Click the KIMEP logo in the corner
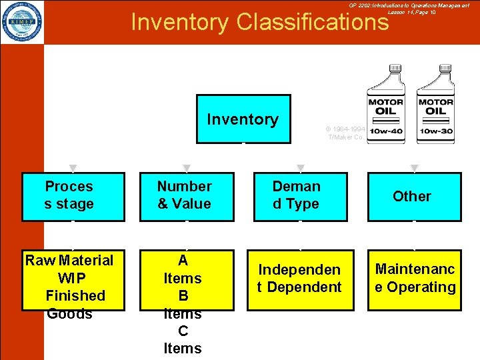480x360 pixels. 22,22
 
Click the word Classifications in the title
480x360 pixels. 312,23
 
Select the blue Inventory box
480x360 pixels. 243,119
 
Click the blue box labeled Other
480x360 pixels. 414,197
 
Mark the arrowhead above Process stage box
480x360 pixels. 73,168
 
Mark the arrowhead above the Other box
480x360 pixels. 415,168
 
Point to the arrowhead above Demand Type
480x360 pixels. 301,168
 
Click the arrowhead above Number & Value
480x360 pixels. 187,168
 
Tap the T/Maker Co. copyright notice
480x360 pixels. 345,133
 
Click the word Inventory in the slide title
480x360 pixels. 179,23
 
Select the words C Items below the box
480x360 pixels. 183,339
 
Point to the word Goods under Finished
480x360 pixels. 69,314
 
